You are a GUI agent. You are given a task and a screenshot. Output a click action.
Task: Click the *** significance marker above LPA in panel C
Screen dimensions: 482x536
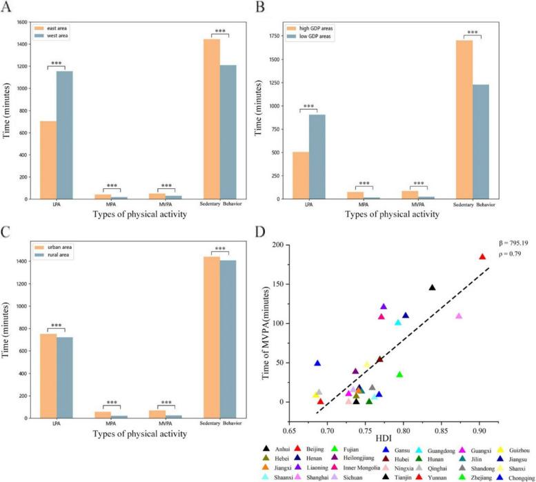point(56,321)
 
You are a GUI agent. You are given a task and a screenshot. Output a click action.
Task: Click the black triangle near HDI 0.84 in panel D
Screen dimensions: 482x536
point(432,288)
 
